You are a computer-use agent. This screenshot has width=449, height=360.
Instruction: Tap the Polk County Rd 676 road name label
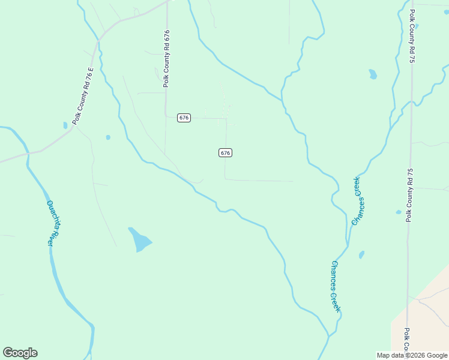pyautogui.click(x=166, y=59)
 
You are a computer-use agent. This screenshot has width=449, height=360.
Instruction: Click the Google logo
pyautogui.click(x=20, y=353)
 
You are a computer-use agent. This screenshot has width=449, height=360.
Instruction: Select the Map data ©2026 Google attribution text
pyautogui.click(x=412, y=355)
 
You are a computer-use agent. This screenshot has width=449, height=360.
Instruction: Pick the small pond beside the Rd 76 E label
pyautogui.click(x=65, y=125)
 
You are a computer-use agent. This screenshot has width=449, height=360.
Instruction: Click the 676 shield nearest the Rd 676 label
pyautogui.click(x=184, y=118)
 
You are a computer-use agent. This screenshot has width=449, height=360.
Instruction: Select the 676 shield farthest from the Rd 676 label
pyautogui.click(x=225, y=153)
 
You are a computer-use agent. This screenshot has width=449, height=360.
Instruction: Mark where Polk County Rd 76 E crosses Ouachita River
pyautogui.click(x=27, y=153)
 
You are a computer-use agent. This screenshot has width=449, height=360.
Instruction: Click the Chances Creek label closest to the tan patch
pyautogui.click(x=336, y=286)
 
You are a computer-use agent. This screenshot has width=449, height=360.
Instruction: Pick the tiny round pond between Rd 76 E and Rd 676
pyautogui.click(x=108, y=137)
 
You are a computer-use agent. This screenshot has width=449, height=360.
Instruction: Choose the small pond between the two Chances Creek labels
pyautogui.click(x=361, y=254)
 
